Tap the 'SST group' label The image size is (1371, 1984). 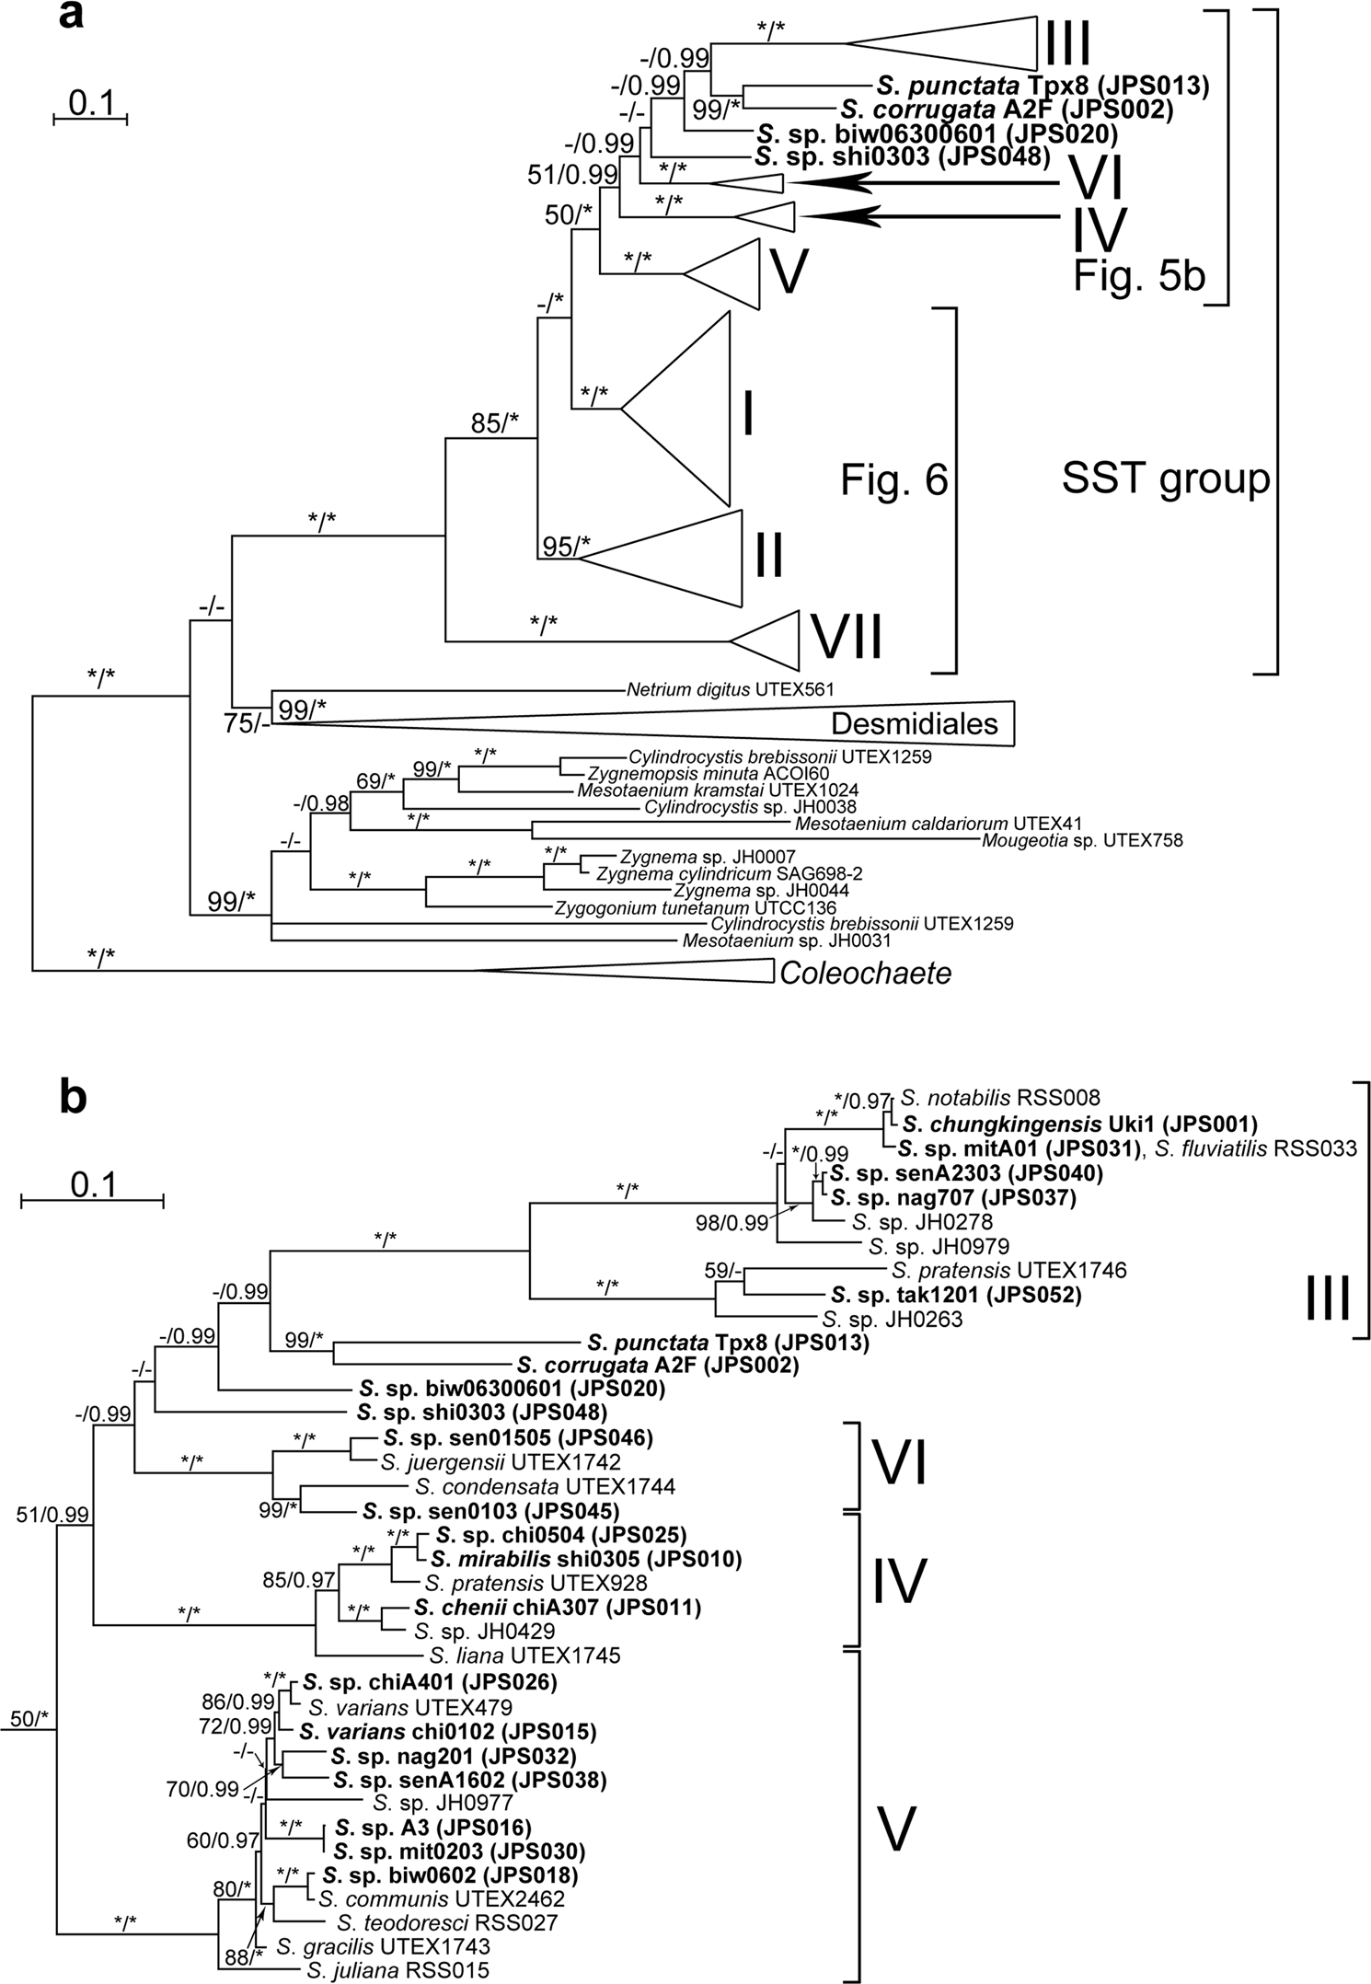click(x=1165, y=479)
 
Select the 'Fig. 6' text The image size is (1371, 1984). click(x=893, y=479)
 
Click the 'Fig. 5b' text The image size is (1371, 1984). click(x=1139, y=276)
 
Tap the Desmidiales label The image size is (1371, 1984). click(x=914, y=724)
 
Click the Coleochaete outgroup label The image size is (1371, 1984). click(x=865, y=974)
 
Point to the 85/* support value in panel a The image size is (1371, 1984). click(x=495, y=422)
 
